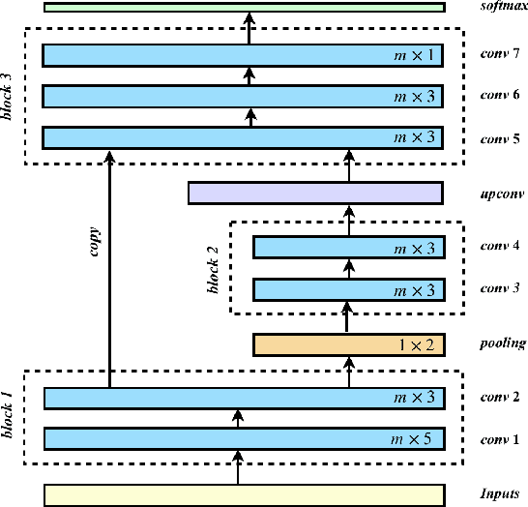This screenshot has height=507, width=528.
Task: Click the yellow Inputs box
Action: pos(244,494)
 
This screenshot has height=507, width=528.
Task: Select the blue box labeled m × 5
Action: pos(244,440)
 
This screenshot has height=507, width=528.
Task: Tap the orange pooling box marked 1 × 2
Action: pos(348,343)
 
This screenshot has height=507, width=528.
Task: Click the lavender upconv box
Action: pos(315,194)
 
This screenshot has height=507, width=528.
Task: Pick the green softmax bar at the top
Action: pos(244,7)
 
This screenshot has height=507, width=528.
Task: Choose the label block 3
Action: pos(11,96)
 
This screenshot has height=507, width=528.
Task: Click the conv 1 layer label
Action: pos(501,440)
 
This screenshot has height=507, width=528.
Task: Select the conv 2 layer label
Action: pos(501,398)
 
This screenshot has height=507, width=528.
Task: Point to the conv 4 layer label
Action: pos(501,247)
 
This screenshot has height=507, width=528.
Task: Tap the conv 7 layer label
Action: pos(501,55)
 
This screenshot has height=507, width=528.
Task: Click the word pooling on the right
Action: pos(502,343)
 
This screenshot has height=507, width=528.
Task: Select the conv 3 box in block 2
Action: pos(348,289)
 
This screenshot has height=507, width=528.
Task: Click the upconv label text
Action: pos(501,194)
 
